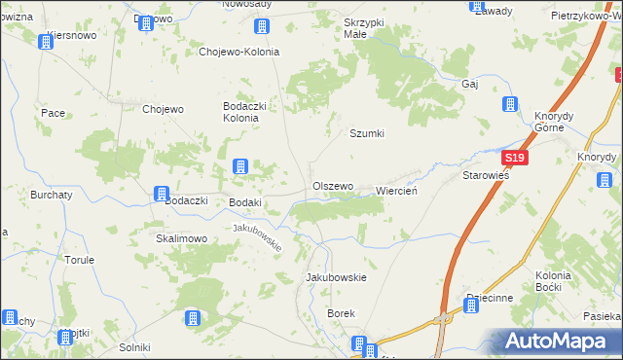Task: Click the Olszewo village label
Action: coord(332,186)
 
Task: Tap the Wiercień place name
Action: coord(396,191)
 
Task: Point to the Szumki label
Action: coord(368,134)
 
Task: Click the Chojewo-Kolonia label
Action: coord(238,53)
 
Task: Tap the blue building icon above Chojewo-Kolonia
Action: coord(261,27)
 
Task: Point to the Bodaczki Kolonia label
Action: coord(240,111)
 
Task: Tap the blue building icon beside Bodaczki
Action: coord(160,196)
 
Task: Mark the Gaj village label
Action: coord(470,84)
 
